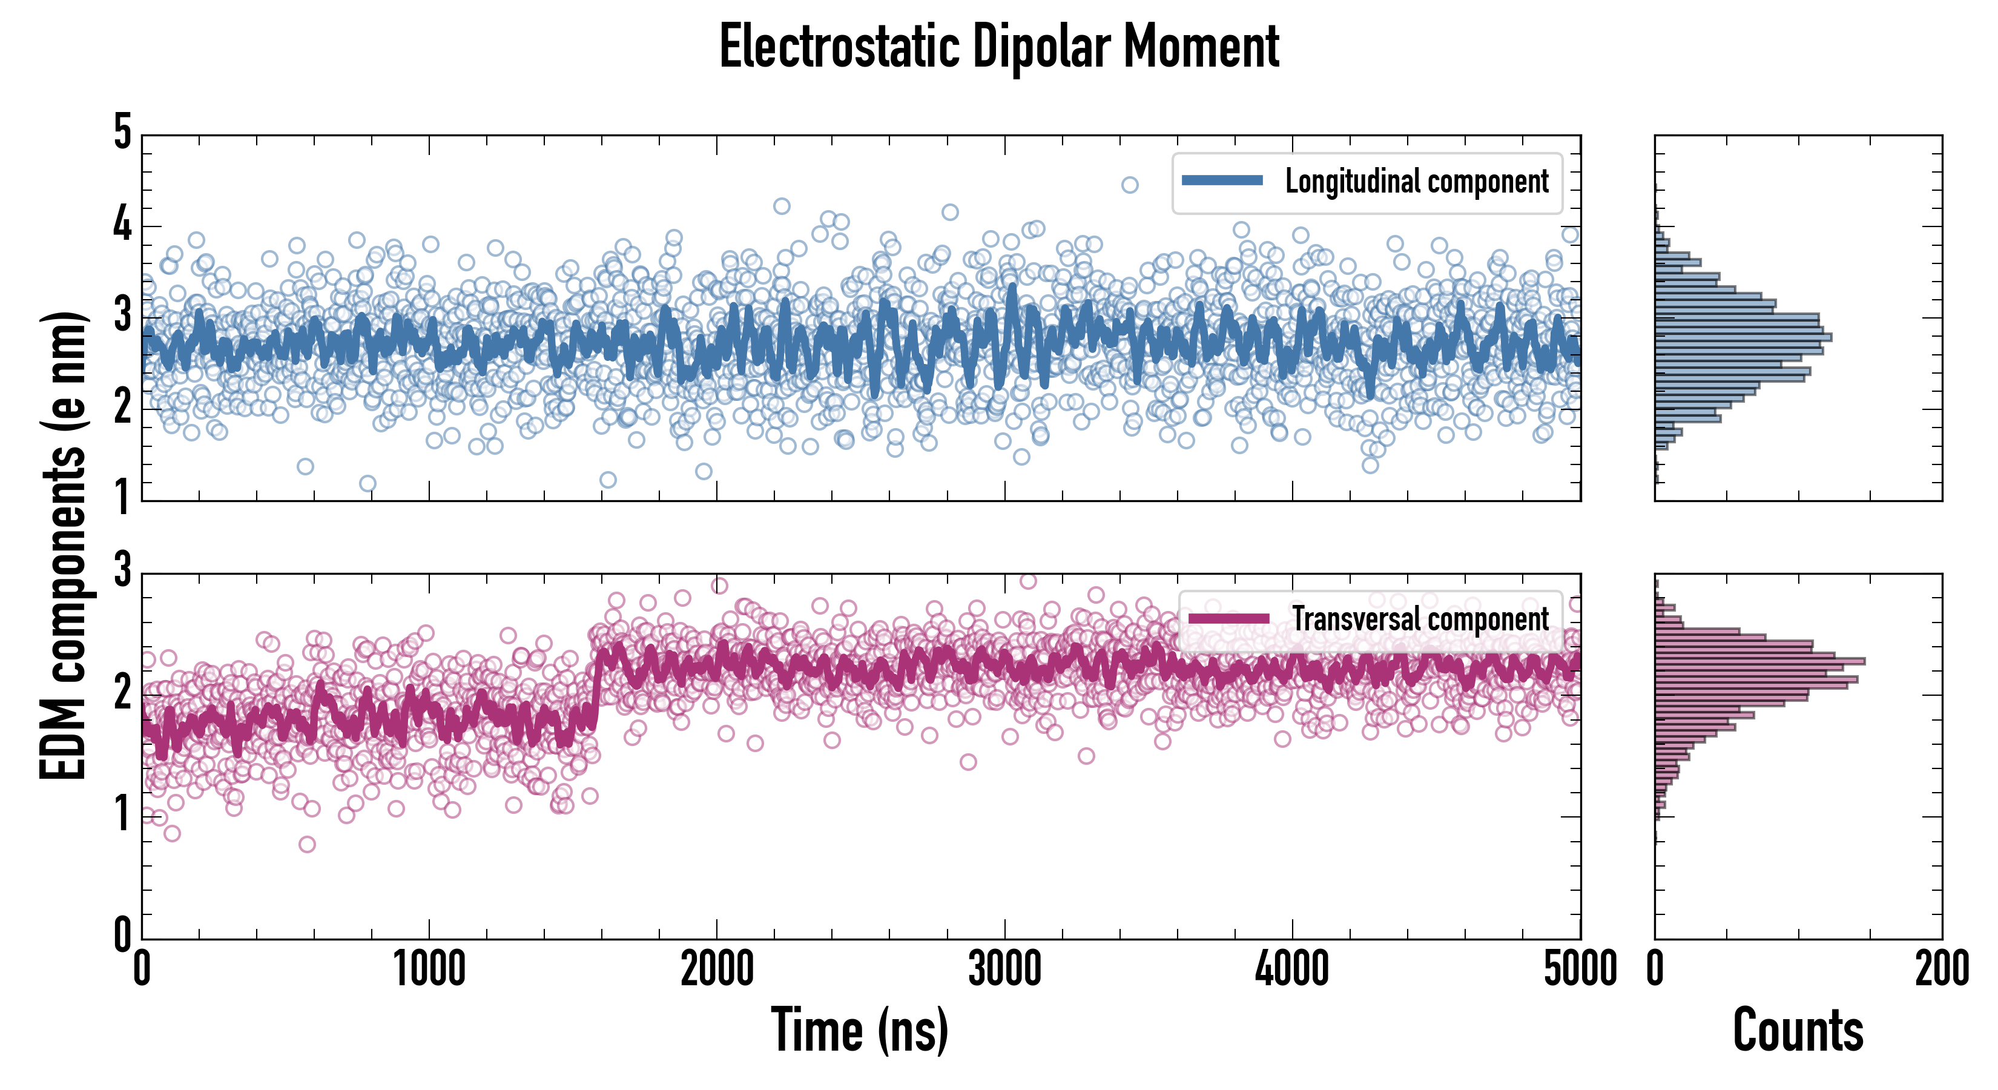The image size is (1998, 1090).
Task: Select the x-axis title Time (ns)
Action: point(859,1029)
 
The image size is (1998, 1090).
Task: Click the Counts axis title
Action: point(1798,1029)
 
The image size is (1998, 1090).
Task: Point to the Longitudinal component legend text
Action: point(1416,182)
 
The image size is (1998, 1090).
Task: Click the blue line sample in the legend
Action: point(1222,181)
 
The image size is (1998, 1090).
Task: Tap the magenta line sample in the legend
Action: point(1228,619)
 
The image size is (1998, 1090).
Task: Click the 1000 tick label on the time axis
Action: point(429,969)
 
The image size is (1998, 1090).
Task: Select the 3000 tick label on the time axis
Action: point(1004,969)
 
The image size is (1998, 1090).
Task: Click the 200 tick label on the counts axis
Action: point(1941,969)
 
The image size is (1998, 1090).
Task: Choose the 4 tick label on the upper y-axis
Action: point(122,225)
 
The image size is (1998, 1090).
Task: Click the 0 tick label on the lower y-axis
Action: point(122,935)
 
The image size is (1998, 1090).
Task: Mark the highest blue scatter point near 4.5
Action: point(1130,185)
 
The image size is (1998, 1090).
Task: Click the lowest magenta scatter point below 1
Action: point(307,844)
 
